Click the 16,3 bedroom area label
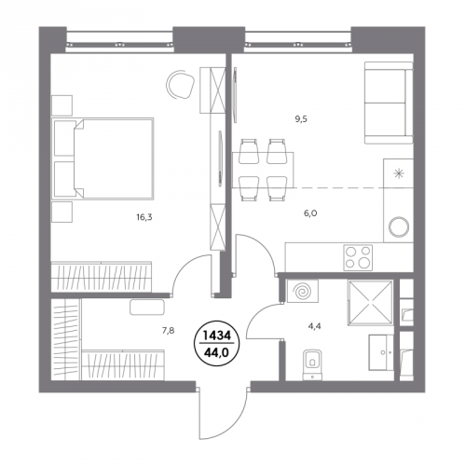point(144,217)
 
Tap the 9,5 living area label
point(301,119)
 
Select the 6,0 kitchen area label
point(310,213)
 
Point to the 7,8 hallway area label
point(168,331)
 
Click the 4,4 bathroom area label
point(315,326)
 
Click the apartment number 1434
point(216,336)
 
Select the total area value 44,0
point(216,353)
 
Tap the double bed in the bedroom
point(103,158)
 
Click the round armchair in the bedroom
point(181,84)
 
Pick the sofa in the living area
point(389,103)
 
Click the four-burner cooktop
point(358,257)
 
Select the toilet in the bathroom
point(312,364)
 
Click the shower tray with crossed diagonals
point(371,302)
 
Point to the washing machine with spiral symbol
point(303,291)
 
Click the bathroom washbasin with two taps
point(381,352)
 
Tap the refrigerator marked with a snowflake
point(399,173)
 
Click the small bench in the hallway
point(147,307)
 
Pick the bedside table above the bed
point(62,105)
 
